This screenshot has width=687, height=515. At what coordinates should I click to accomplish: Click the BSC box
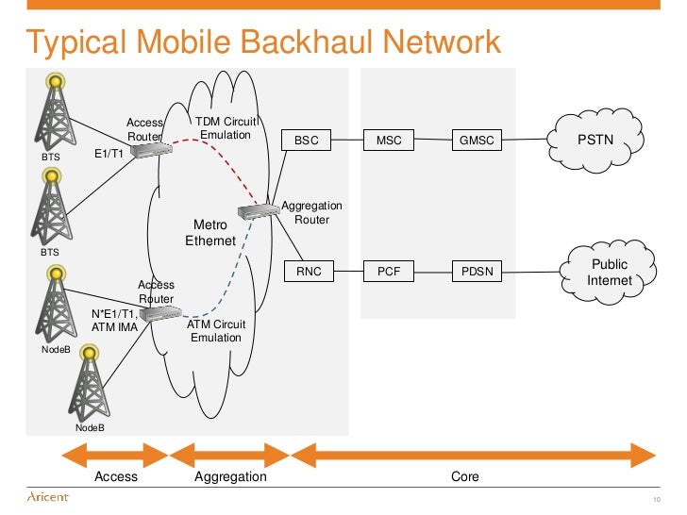pos(307,141)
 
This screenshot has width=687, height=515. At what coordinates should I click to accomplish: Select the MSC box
pos(389,141)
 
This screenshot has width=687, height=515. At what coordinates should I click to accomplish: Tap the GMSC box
pos(476,141)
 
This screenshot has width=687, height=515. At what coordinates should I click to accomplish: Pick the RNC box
pos(309,272)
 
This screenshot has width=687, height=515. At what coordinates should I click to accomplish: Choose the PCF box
pos(389,272)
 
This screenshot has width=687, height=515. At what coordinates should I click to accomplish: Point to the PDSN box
pos(476,272)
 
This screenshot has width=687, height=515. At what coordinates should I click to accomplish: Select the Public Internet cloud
pos(609,273)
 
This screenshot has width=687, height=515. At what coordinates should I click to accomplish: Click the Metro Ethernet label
pos(210,233)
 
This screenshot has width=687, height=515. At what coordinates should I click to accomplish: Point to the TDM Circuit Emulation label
pos(226,128)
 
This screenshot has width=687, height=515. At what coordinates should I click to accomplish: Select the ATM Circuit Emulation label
pos(216,331)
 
